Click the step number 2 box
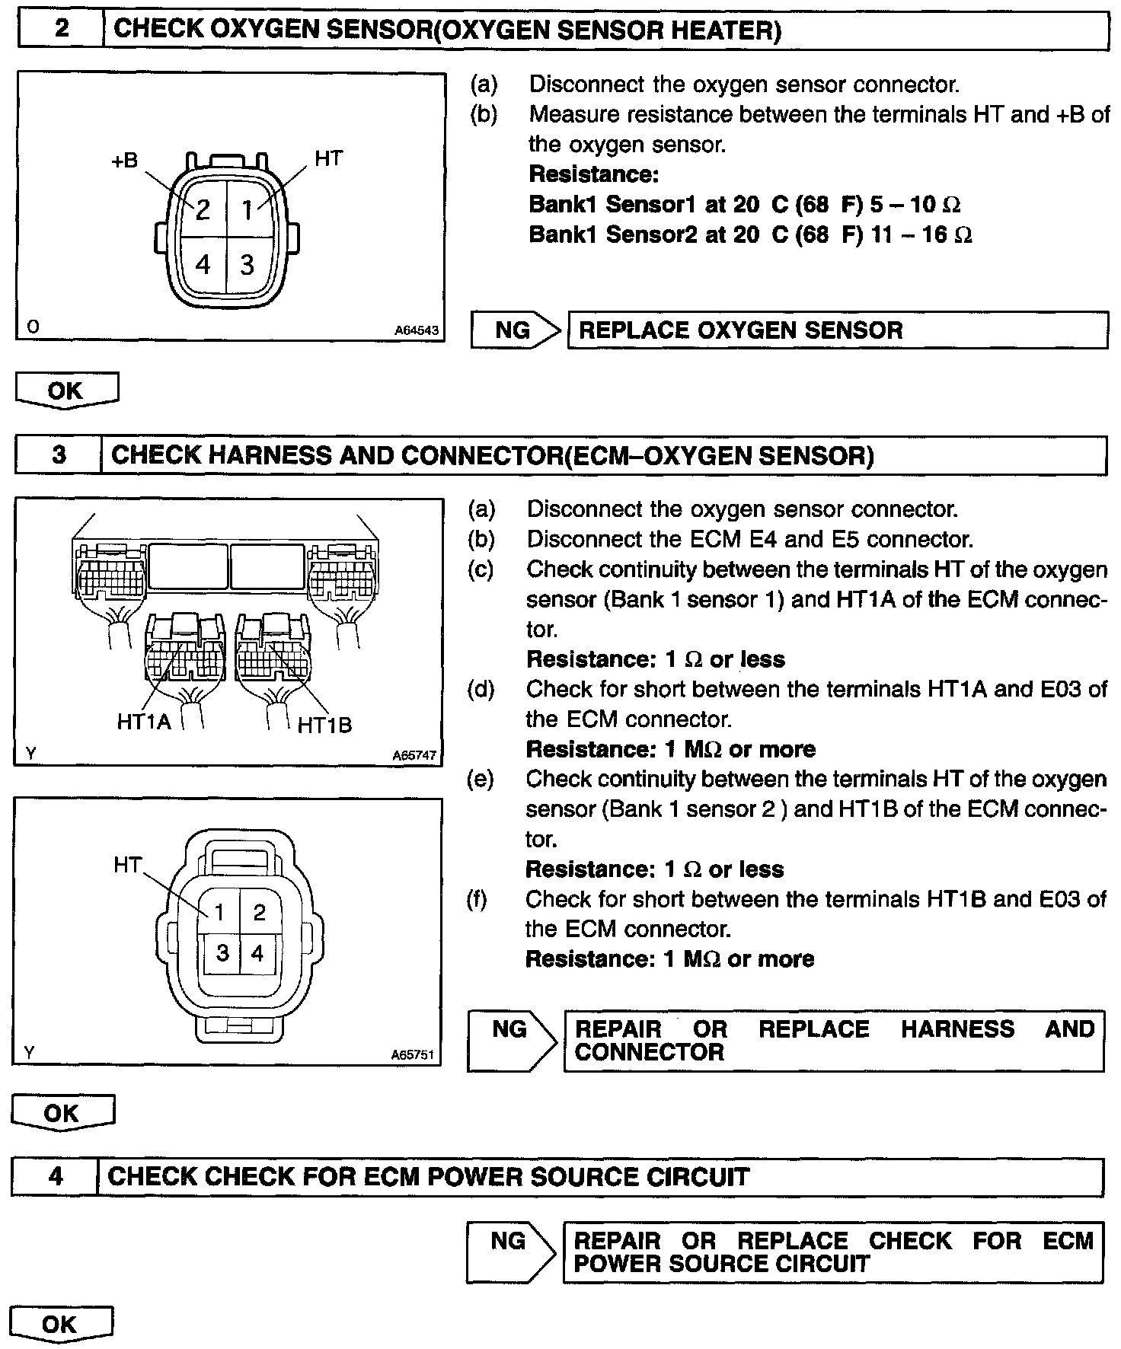point(61,30)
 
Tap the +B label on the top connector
point(125,161)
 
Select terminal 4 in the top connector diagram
point(203,264)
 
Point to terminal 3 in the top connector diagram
point(247,264)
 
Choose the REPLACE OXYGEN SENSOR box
point(837,330)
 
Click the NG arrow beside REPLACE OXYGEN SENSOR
point(515,330)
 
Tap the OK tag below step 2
point(65,391)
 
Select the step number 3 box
point(59,455)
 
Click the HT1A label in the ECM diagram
point(144,721)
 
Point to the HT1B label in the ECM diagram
point(324,725)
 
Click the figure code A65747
point(414,756)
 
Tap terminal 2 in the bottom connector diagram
point(259,912)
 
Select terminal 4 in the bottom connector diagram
point(257,952)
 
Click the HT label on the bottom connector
point(127,865)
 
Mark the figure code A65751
point(413,1054)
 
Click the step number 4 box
point(56,1177)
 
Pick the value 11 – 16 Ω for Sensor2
point(921,234)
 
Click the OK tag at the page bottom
point(61,1325)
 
